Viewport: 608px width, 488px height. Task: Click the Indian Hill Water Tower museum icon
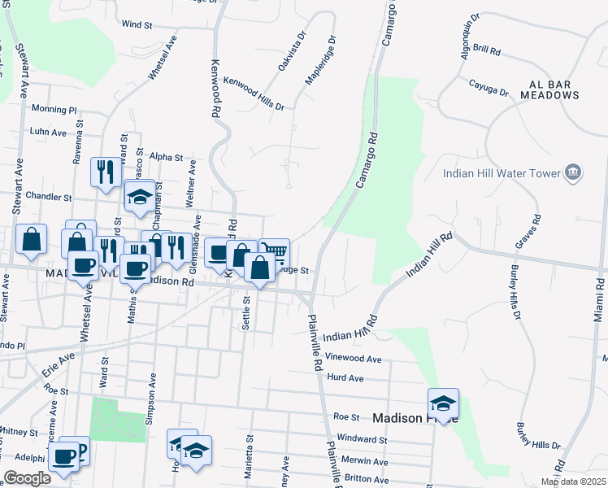[x=574, y=172]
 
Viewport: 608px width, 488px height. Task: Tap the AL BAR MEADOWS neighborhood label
[x=554, y=89]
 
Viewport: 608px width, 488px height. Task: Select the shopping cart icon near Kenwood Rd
[x=275, y=252]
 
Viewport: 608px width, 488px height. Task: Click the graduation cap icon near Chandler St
[x=139, y=197]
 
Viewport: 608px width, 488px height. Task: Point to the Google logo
[x=27, y=478]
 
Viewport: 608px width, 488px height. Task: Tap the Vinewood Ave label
[x=353, y=359]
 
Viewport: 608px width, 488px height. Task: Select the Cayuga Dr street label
[x=489, y=87]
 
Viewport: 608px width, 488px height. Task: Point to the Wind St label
[x=137, y=25]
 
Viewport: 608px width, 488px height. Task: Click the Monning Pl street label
[x=54, y=109]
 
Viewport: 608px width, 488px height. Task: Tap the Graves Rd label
[x=528, y=232]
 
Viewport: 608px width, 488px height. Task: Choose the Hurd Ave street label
[x=345, y=378]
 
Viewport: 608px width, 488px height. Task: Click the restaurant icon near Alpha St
[x=106, y=172]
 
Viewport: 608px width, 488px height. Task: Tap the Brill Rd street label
[x=486, y=50]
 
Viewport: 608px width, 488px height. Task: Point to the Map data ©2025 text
[x=572, y=481]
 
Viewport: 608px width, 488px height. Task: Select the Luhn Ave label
[x=48, y=132]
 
